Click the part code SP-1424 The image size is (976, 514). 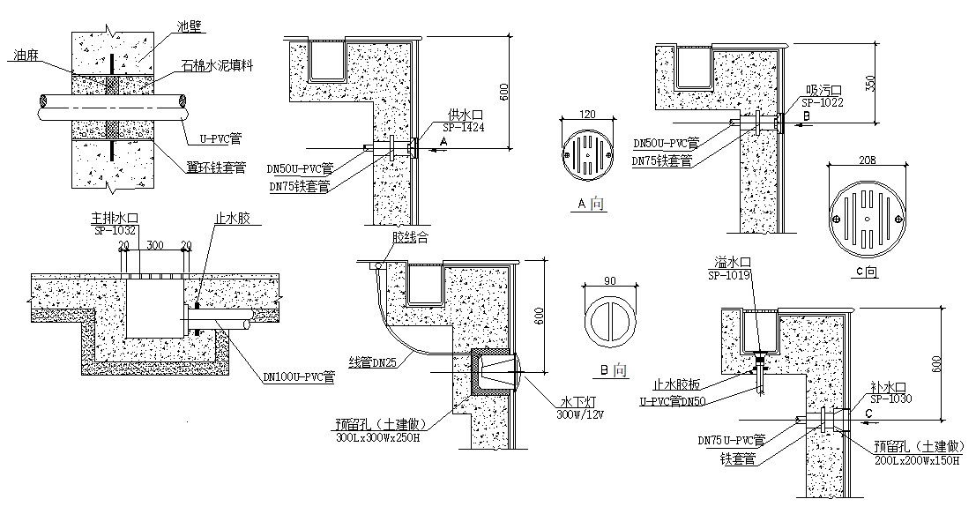[464, 127]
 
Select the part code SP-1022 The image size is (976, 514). [823, 101]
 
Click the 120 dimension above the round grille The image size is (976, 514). [588, 115]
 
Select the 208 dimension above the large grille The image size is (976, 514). [866, 161]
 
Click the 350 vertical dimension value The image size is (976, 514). [872, 84]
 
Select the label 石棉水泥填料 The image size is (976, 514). [218, 65]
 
